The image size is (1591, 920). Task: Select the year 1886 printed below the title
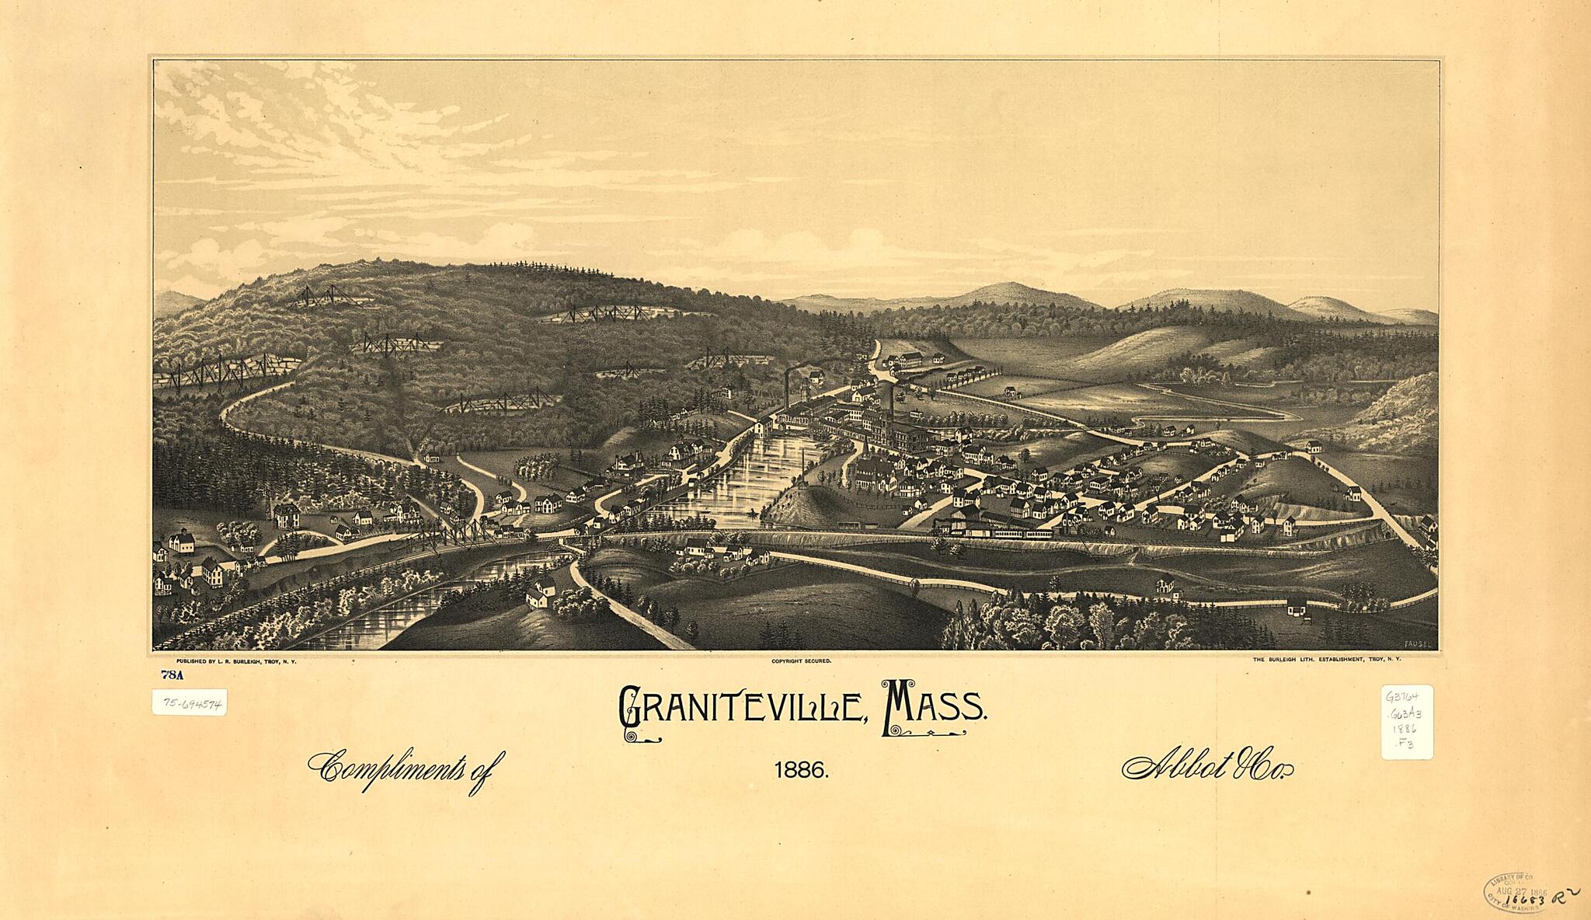click(801, 771)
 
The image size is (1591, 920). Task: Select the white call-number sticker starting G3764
click(1407, 722)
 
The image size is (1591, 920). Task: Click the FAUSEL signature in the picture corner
click(1418, 643)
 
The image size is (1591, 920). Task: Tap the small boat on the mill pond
click(752, 514)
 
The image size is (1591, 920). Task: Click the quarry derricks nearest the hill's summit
click(326, 296)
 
